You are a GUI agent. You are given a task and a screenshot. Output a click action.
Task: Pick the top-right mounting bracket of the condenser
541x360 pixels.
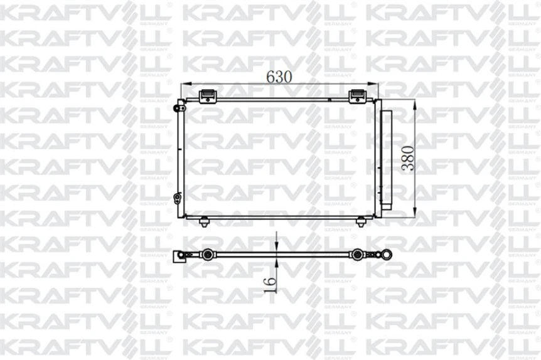(x=357, y=95)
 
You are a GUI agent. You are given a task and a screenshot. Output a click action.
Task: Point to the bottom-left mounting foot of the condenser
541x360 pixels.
(x=205, y=221)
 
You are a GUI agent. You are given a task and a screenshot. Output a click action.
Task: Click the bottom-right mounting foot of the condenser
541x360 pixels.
(x=360, y=221)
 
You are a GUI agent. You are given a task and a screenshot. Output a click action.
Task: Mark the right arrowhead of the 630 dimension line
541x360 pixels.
(x=377, y=85)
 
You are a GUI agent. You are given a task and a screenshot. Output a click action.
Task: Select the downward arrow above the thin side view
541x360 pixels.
(x=277, y=247)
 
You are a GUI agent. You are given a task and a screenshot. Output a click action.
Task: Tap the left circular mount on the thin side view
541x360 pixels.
(x=206, y=255)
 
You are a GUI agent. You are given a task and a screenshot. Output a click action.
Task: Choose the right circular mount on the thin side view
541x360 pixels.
(x=358, y=255)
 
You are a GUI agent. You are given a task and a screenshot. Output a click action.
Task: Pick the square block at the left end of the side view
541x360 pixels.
(x=178, y=256)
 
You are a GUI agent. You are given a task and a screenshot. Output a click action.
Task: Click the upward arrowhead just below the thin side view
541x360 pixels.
(x=277, y=261)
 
